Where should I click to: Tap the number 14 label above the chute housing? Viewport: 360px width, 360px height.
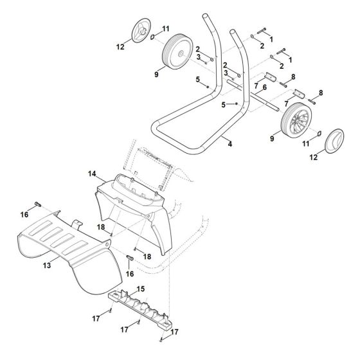[92, 174]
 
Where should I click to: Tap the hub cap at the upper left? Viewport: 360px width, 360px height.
[137, 33]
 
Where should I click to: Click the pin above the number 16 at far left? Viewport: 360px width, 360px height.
[39, 204]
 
